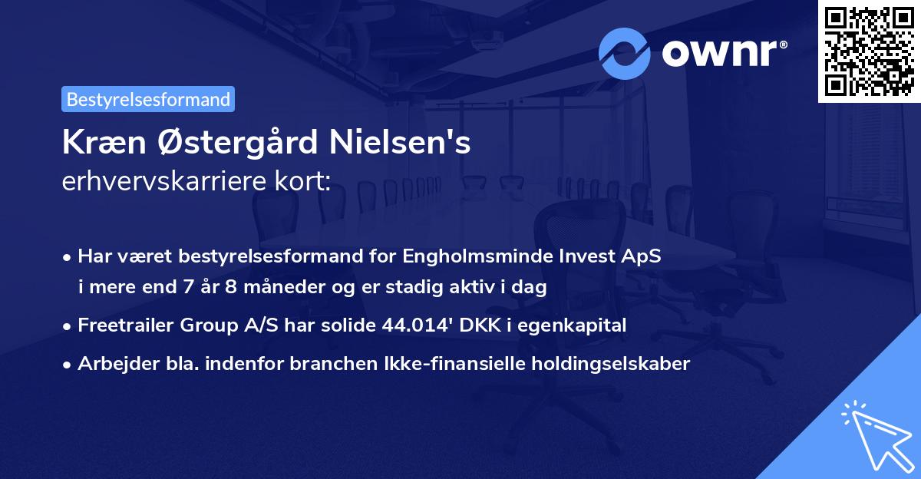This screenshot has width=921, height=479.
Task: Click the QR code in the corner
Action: [x=869, y=51]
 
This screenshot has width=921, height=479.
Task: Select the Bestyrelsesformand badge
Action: [x=148, y=99]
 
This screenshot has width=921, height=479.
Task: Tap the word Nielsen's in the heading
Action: [x=413, y=144]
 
